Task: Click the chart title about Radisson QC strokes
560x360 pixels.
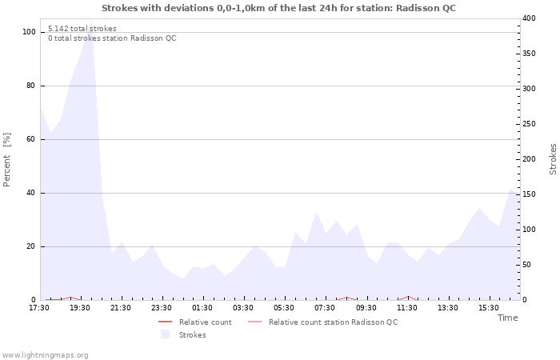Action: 279,7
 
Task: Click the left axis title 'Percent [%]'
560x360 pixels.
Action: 7,159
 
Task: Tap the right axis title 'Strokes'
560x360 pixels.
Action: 553,159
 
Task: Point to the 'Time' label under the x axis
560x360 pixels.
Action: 507,318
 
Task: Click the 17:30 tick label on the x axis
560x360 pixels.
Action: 39,307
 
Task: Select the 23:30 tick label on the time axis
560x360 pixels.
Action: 162,307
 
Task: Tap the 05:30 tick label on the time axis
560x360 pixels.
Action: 284,307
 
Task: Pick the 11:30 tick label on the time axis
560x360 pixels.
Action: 407,307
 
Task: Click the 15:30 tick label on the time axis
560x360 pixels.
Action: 489,307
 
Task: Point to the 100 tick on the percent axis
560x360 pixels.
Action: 29,32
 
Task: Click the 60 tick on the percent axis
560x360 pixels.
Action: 30,139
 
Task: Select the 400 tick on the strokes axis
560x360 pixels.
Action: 529,18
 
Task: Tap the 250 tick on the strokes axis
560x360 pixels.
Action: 529,124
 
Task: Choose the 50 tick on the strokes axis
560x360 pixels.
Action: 526,265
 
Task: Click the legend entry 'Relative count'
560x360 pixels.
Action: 205,322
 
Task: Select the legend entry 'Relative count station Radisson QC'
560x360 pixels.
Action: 333,322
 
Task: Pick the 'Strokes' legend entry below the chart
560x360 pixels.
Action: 192,334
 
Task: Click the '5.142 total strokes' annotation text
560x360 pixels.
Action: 82,29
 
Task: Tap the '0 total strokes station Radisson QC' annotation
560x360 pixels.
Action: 112,38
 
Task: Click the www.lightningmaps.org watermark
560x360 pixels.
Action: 45,354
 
